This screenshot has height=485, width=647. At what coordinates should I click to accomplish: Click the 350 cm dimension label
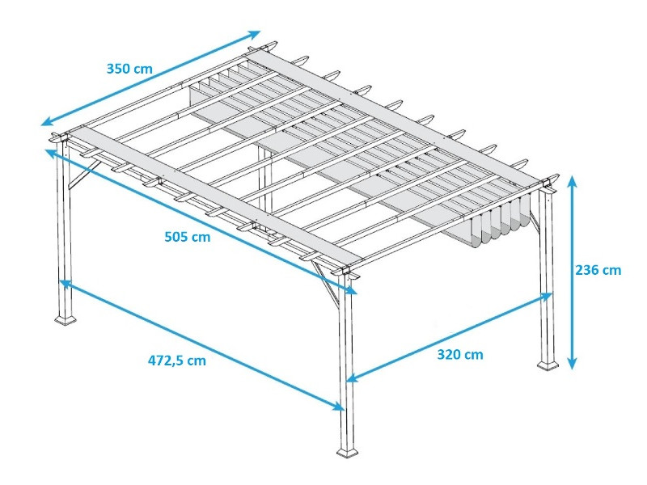click(129, 69)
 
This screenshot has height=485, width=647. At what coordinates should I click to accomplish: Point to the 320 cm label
click(460, 353)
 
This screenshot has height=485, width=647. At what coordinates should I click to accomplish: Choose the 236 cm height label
click(598, 270)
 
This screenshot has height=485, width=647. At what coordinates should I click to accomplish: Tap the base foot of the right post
click(548, 365)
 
